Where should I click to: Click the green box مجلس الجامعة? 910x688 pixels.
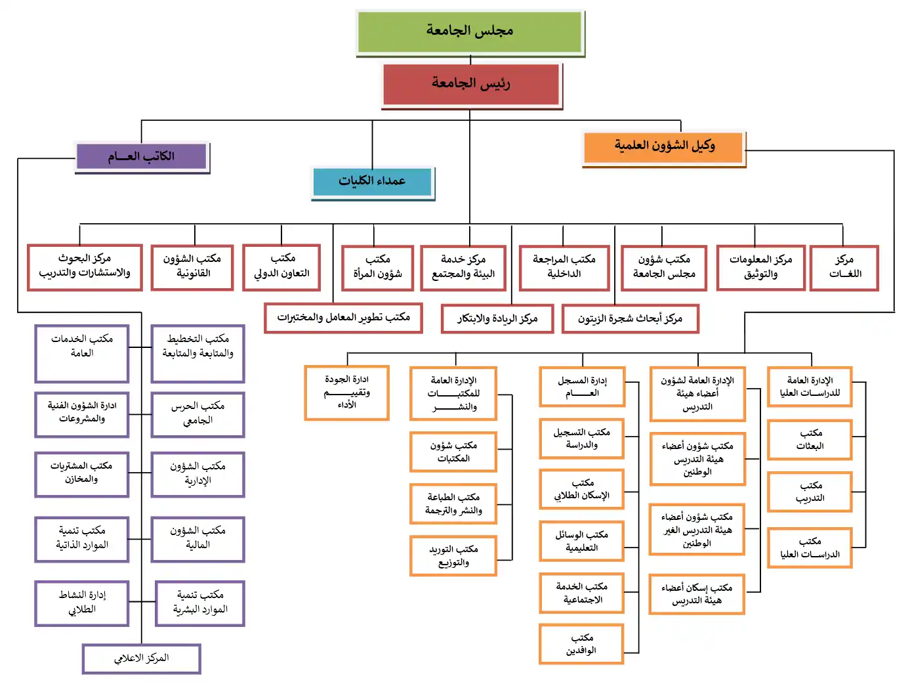470,31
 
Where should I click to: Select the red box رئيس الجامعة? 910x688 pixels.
470,83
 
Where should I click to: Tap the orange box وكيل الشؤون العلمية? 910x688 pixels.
663,146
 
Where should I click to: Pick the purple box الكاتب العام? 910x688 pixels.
142,157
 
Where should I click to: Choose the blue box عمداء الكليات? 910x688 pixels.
372,181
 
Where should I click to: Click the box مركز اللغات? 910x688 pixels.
844,267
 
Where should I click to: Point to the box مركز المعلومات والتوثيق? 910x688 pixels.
760,267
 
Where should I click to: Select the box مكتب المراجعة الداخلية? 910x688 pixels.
564,267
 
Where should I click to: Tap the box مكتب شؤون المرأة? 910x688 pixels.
377,267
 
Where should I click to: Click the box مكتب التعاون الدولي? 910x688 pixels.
281,267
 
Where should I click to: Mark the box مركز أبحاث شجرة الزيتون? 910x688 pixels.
630,319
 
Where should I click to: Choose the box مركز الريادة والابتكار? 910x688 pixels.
497,319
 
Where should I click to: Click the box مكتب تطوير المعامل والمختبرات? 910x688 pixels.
343,318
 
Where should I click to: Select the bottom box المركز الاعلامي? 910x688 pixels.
141,658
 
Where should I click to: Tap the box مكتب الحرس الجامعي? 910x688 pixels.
197,414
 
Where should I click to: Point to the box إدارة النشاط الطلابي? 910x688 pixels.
82,603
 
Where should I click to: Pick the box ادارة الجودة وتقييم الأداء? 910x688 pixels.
346,393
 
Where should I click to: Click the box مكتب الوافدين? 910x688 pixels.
581,644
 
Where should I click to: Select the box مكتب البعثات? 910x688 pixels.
810,439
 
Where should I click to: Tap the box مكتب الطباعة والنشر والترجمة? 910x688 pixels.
453,504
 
